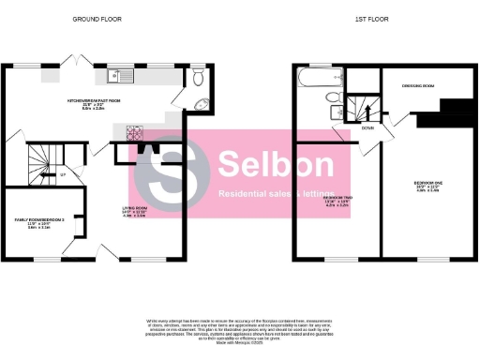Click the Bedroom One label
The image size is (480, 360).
pos(427,185)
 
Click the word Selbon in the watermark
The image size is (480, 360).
pos(275,165)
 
